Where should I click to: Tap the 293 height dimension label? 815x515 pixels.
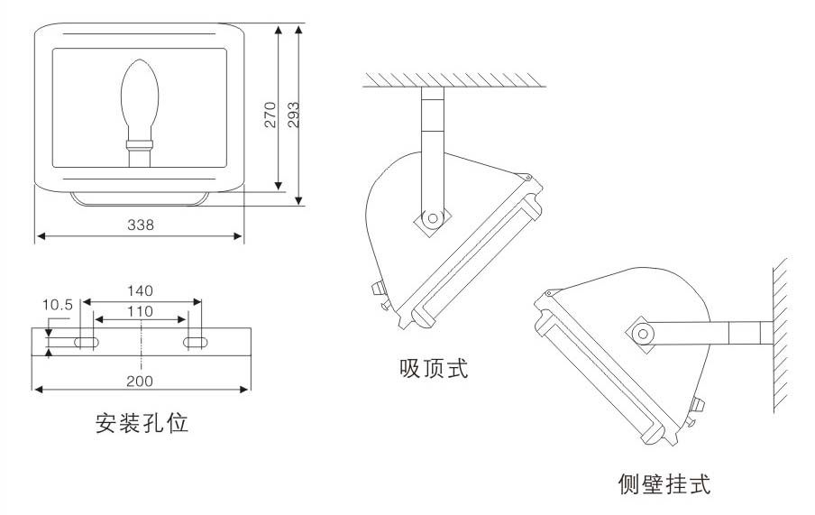(293, 113)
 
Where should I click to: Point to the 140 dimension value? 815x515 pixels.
(140, 290)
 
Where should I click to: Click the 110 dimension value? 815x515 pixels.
(140, 311)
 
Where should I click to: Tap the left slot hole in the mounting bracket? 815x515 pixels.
(87, 342)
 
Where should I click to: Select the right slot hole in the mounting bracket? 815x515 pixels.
(195, 342)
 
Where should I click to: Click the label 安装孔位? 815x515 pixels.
(142, 422)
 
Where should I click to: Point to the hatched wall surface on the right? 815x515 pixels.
(781, 334)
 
